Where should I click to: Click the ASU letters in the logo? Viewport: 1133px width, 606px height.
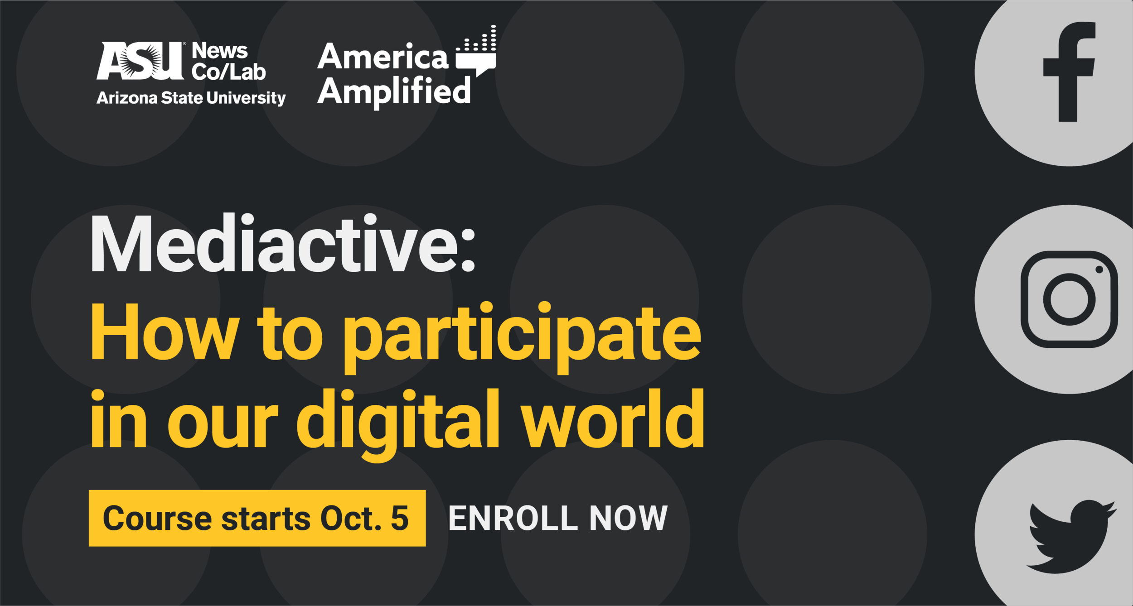coord(140,61)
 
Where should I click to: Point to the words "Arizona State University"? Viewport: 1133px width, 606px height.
coord(191,98)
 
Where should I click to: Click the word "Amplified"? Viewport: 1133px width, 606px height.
coord(394,91)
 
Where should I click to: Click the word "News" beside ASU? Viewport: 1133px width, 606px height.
coord(220,51)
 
